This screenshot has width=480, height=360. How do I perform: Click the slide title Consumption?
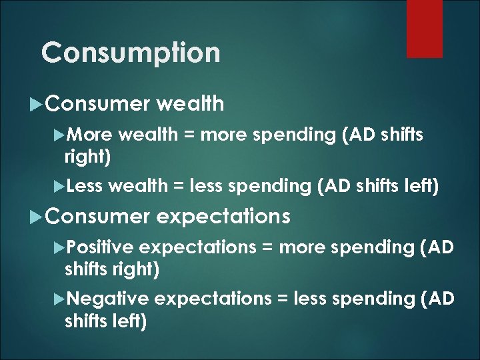tap(130, 52)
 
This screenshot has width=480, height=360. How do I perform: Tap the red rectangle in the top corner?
tap(424, 28)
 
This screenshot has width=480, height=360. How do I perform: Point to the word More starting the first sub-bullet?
tap(91, 135)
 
